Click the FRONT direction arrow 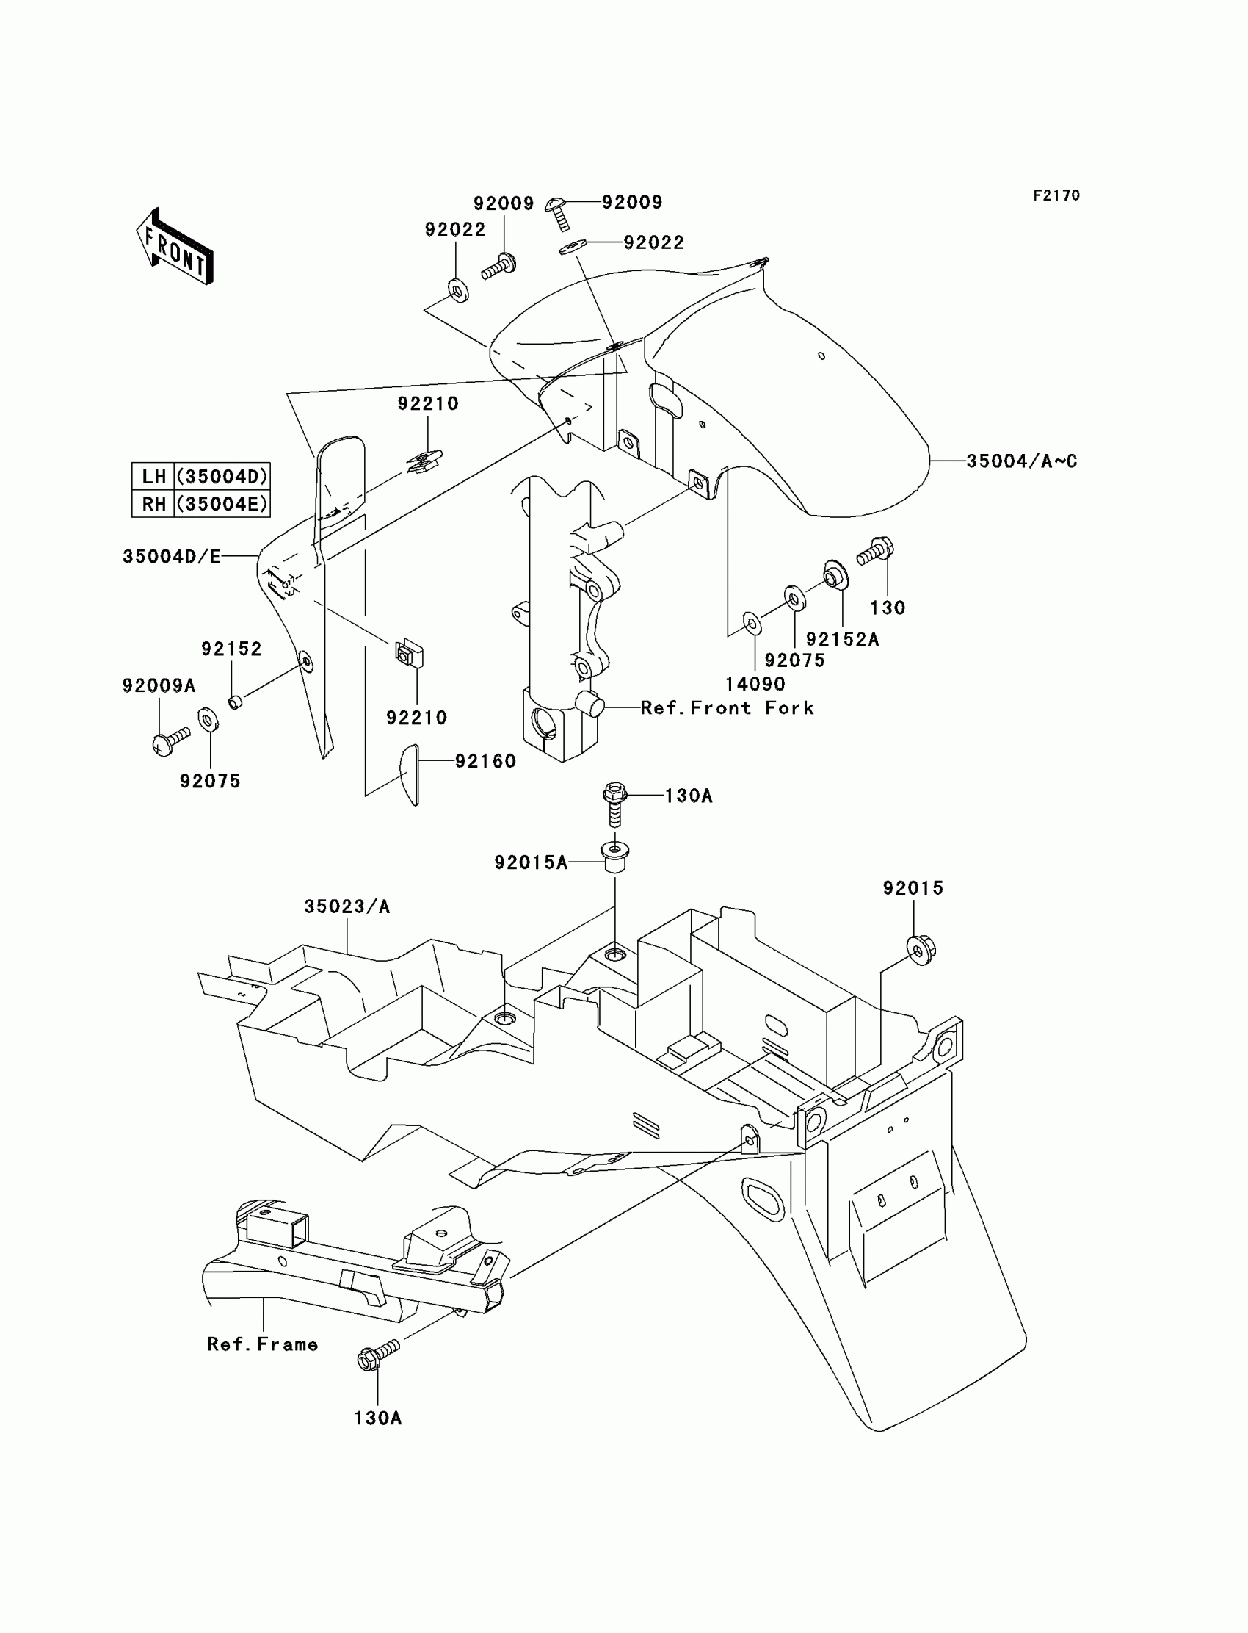pos(175,247)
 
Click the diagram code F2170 pos(1056,195)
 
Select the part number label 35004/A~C pos(1021,461)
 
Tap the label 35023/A pos(347,906)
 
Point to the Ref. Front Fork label pos(728,707)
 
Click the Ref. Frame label pos(262,1344)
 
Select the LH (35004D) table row pos(200,476)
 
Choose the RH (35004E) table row pos(200,504)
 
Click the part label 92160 pos(485,760)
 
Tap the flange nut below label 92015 pos(921,949)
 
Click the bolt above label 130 pos(875,552)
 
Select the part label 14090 pos(755,684)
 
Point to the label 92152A pos(843,639)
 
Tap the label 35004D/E pos(172,557)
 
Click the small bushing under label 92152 pos(235,701)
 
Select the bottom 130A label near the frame pos(377,1418)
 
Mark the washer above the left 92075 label pos(208,720)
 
